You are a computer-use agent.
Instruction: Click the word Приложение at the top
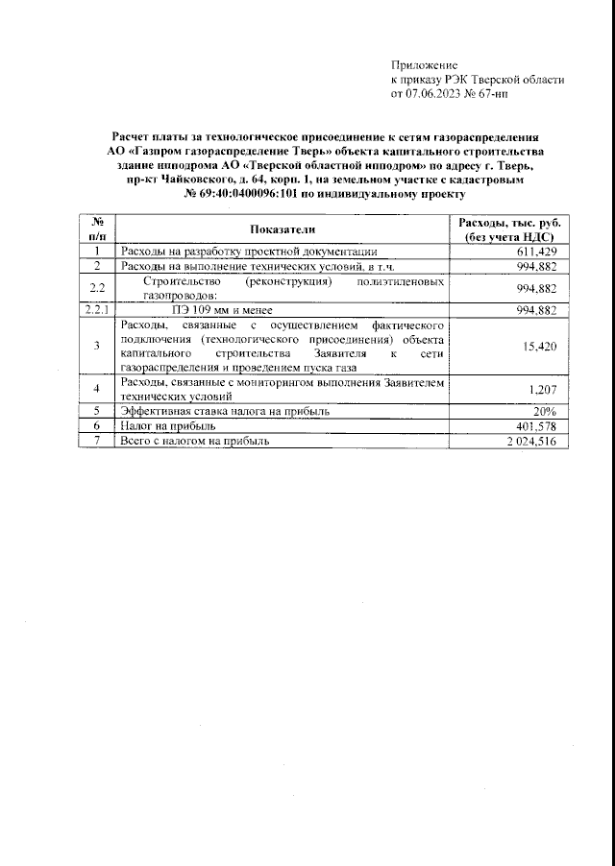[x=425, y=64]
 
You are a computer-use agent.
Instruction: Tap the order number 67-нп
[x=523, y=95]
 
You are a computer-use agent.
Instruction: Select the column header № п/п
[x=96, y=229]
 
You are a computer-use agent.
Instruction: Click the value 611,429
[x=536, y=252]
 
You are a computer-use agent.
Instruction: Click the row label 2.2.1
[x=96, y=310]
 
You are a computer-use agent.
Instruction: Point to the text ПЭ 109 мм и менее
[x=223, y=310]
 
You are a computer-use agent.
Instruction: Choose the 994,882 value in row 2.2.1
[x=536, y=310]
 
